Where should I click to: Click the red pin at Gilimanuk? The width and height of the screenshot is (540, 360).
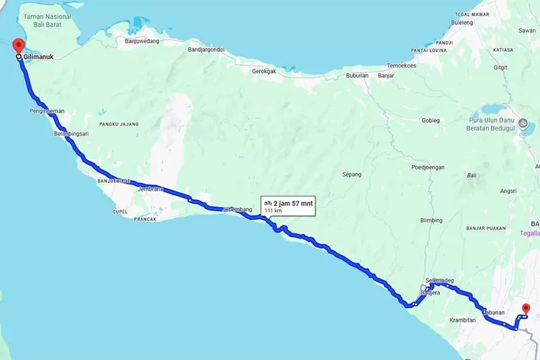(17, 45)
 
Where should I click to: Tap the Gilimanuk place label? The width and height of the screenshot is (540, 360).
(40, 55)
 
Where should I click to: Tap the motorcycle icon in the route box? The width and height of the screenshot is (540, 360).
(268, 204)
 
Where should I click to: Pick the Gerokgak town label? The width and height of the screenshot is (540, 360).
(264, 71)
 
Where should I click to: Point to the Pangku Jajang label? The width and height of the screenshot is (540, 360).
(119, 124)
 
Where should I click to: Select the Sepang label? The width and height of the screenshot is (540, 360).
(351, 174)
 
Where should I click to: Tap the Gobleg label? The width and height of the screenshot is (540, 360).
(431, 120)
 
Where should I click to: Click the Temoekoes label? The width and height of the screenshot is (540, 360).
(401, 65)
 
